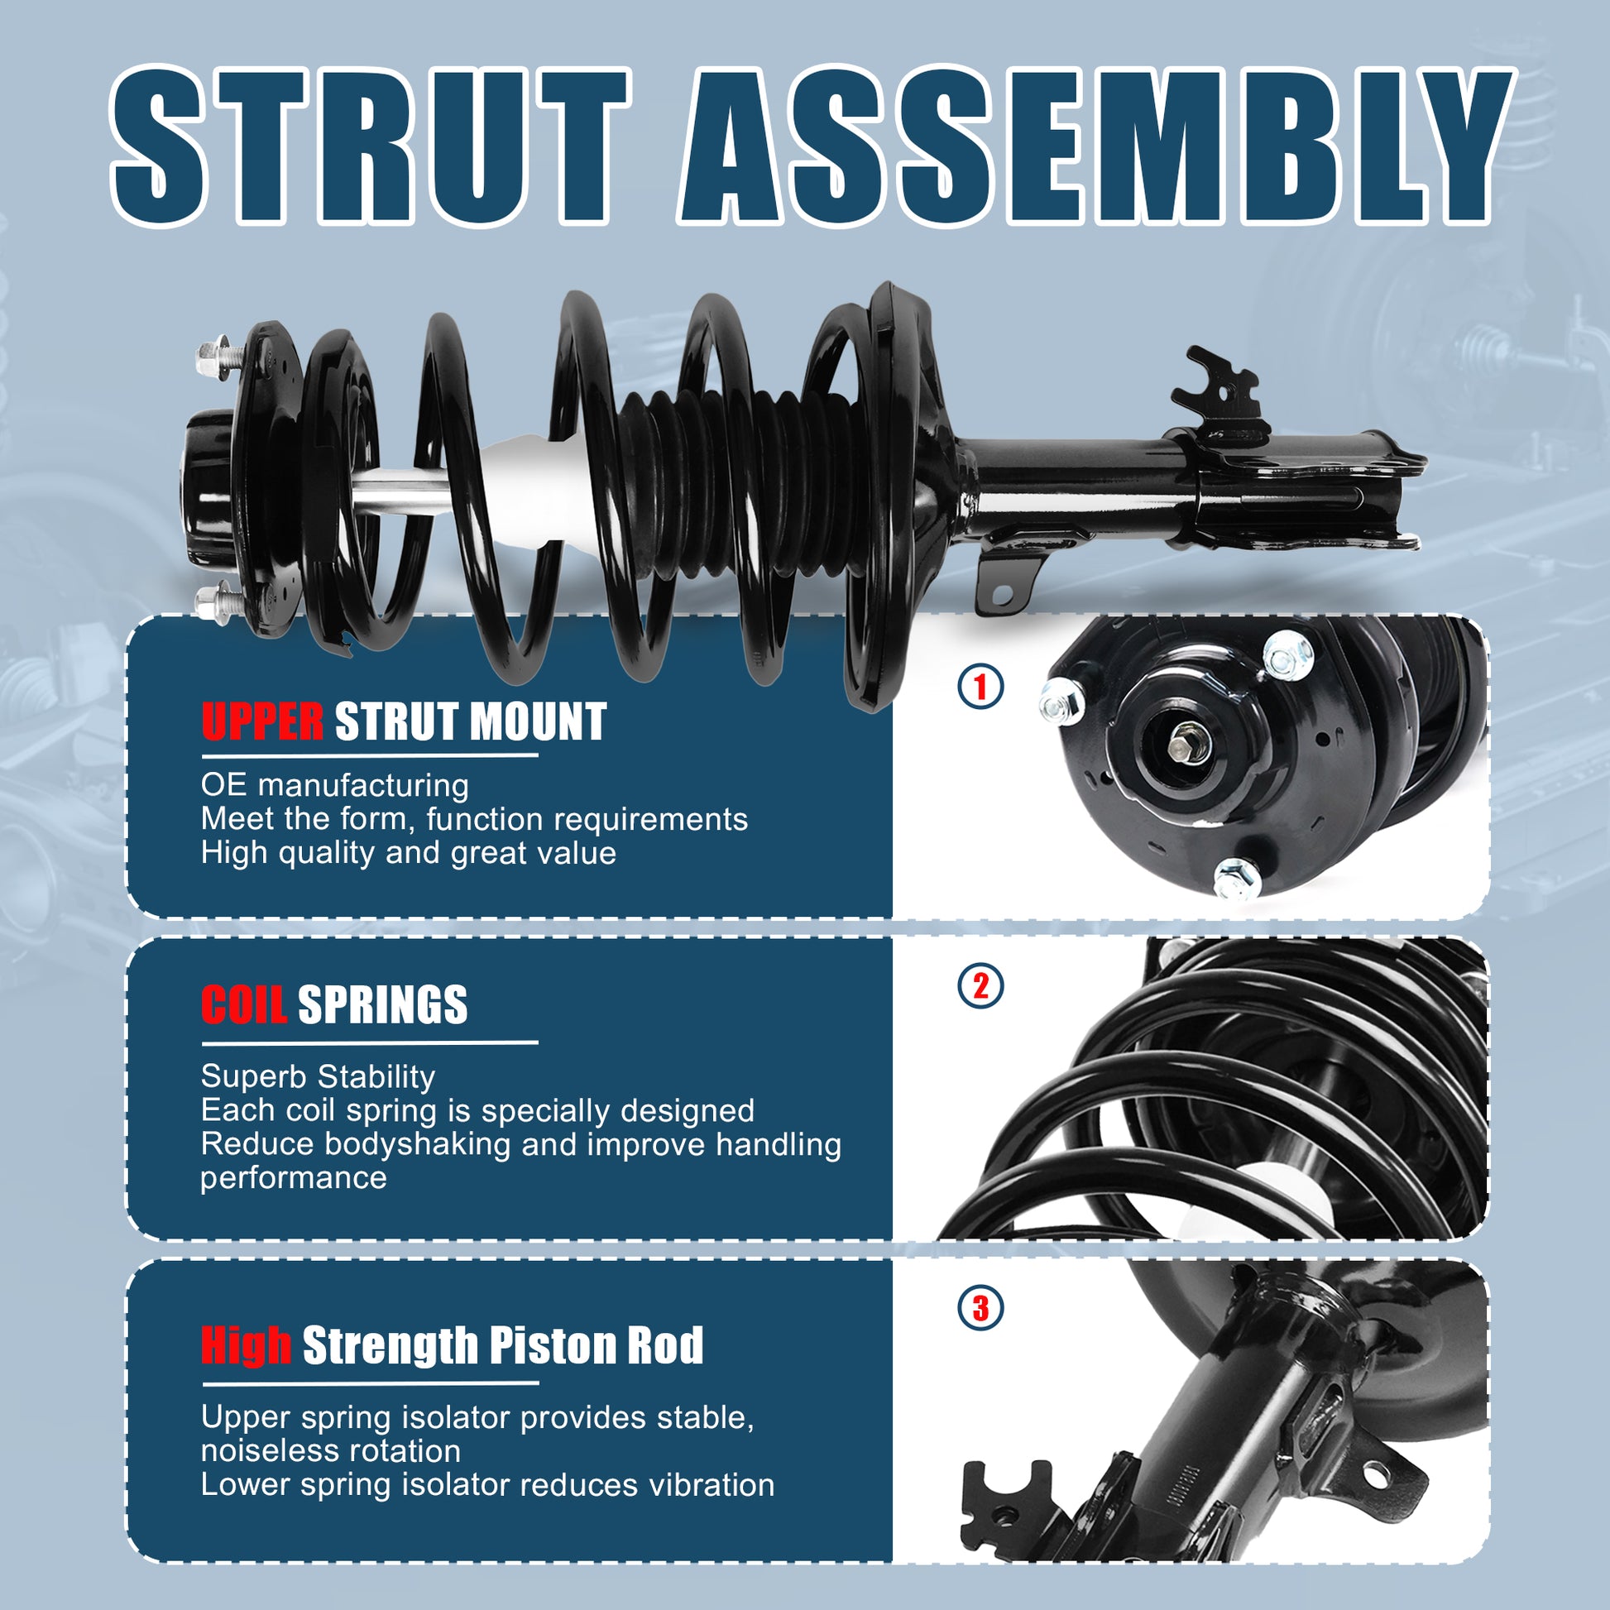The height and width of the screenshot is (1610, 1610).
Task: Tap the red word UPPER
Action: (x=262, y=721)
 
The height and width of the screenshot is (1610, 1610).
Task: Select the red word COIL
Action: (x=244, y=1005)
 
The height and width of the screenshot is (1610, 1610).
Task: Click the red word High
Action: (x=246, y=1345)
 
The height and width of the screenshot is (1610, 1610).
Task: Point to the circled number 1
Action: (x=981, y=687)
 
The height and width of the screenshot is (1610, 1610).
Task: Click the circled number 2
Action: (x=981, y=986)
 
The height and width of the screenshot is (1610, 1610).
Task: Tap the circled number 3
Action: (x=981, y=1307)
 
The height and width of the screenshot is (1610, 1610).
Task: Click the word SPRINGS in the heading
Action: (x=382, y=1005)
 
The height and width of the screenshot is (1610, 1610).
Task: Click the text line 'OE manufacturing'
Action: (x=335, y=786)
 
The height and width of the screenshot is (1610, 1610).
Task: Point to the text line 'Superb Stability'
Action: (x=318, y=1076)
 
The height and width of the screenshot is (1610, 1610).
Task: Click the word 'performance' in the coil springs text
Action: (x=294, y=1178)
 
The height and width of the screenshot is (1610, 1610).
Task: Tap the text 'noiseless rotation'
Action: (x=331, y=1451)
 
